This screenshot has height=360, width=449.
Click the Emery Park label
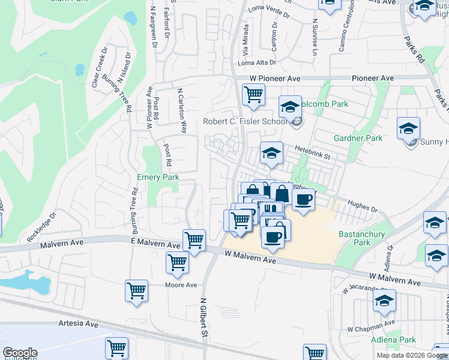[158, 178]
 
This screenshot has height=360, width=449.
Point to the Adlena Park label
[394, 340]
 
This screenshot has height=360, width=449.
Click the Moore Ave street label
[181, 285]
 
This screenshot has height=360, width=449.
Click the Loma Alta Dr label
[257, 62]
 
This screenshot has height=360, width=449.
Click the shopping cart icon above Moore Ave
[178, 262]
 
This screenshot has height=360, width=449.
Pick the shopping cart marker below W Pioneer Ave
[253, 94]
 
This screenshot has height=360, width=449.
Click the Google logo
[20, 353]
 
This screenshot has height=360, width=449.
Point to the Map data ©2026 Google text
[412, 355]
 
